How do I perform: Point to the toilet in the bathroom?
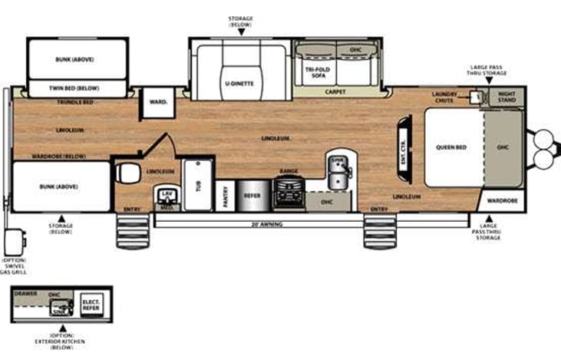pos(127,173)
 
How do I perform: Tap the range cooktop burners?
pos(289,188)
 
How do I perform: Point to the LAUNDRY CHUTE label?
pos(445,97)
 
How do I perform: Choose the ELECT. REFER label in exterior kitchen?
pos(91,303)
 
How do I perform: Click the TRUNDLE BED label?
pos(78,102)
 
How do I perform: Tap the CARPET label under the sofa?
pos(335,91)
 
